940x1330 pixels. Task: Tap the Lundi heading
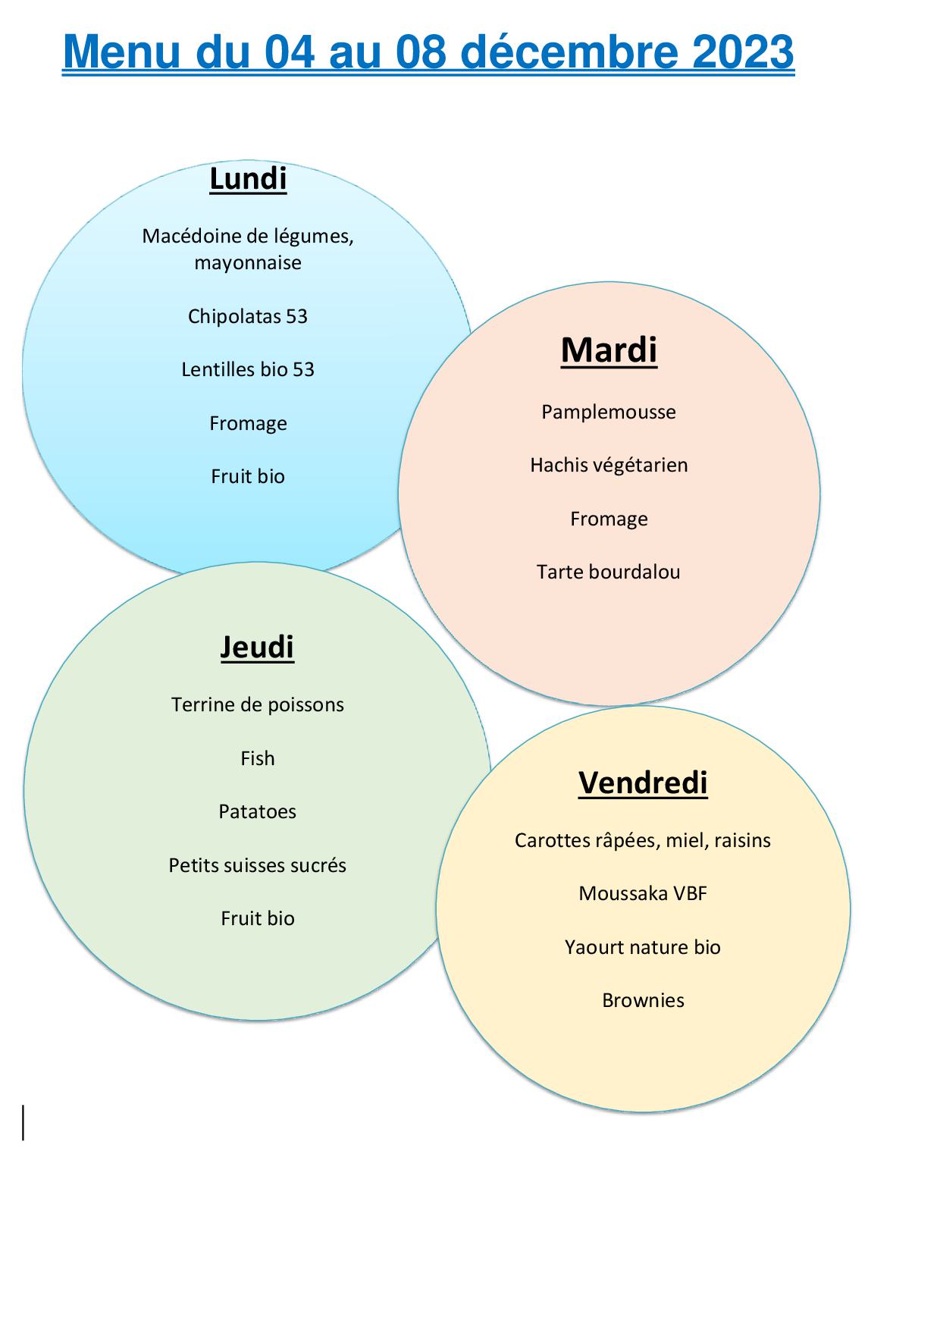(x=248, y=179)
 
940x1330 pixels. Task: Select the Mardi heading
(x=609, y=350)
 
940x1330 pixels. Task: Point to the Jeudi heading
(x=257, y=647)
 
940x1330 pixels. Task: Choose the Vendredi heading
(x=643, y=783)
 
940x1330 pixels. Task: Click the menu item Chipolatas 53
(x=248, y=316)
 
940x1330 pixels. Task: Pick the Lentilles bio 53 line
(x=248, y=369)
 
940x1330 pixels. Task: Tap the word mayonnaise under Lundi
(x=248, y=263)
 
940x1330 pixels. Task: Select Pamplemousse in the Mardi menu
(x=609, y=412)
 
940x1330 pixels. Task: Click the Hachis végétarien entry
(x=609, y=465)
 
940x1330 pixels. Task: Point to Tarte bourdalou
(x=609, y=572)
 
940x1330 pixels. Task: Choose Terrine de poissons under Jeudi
(x=258, y=704)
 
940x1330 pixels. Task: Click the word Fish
(x=258, y=758)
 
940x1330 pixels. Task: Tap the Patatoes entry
(x=258, y=811)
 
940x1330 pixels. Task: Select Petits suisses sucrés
(x=258, y=865)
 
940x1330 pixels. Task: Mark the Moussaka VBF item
(x=643, y=893)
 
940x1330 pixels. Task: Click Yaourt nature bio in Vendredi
(x=643, y=947)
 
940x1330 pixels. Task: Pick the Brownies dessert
(x=643, y=1000)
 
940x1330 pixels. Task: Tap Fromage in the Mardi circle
(x=609, y=519)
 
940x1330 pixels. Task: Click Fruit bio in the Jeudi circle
(x=258, y=918)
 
